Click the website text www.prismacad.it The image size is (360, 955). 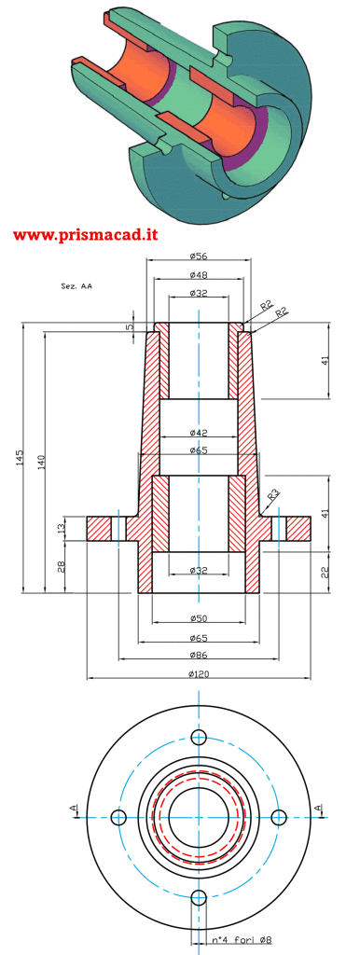click(85, 234)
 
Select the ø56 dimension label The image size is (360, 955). click(198, 255)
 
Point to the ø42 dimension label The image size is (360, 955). click(199, 433)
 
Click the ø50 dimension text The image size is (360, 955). click(199, 618)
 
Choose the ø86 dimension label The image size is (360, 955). click(199, 655)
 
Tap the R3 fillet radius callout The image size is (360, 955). click(274, 493)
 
